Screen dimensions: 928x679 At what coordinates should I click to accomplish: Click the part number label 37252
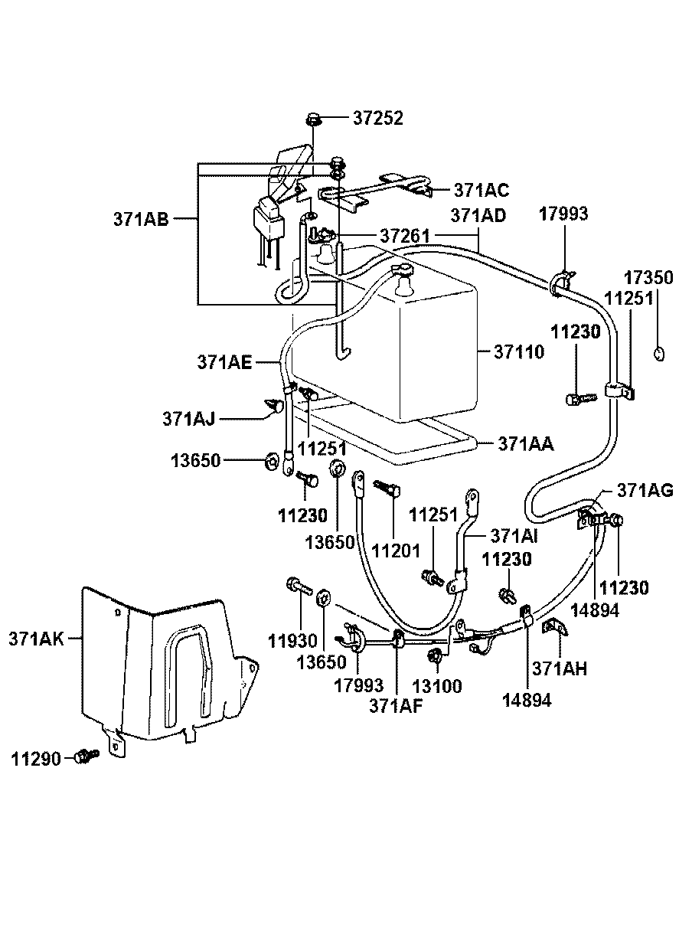click(x=377, y=119)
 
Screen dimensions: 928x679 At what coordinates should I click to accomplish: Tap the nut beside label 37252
click(x=313, y=119)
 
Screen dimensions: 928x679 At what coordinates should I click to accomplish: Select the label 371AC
click(x=481, y=189)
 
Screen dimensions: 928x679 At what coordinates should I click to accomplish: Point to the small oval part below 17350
click(x=658, y=352)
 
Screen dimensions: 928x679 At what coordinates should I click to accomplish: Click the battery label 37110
click(x=518, y=351)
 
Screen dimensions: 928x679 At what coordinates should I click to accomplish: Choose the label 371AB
click(x=140, y=218)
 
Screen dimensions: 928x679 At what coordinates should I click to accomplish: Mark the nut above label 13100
click(x=435, y=655)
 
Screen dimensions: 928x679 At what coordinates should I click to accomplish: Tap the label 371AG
click(x=645, y=491)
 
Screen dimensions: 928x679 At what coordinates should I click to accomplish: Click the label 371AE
click(x=224, y=362)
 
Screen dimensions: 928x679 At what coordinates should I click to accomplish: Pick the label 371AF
click(x=396, y=706)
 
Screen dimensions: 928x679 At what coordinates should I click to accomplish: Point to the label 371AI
click(x=514, y=535)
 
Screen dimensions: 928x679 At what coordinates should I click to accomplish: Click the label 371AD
click(x=478, y=215)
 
